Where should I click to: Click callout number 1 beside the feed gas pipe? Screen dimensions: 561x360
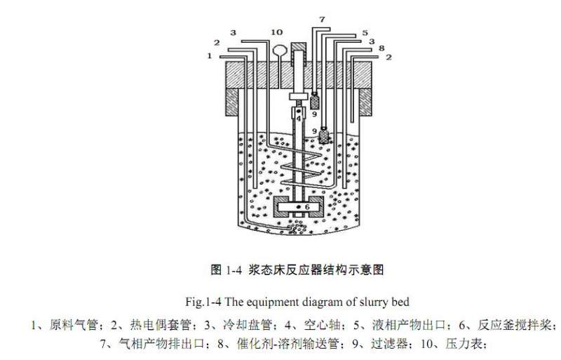(210, 56)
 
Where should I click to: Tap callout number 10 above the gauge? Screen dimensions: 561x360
(276, 32)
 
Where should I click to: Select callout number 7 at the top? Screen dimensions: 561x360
(322, 20)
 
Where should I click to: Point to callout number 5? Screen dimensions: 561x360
(365, 33)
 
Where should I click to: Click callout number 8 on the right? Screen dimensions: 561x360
(381, 48)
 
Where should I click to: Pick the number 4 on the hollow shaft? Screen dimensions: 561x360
(299, 119)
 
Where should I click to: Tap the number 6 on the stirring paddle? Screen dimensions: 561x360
(307, 207)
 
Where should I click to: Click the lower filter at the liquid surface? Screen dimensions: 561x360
(324, 135)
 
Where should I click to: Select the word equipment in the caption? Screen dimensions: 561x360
(261, 302)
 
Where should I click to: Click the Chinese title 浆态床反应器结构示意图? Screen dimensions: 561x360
(316, 269)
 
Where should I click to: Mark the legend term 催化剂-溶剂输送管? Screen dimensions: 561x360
(288, 344)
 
